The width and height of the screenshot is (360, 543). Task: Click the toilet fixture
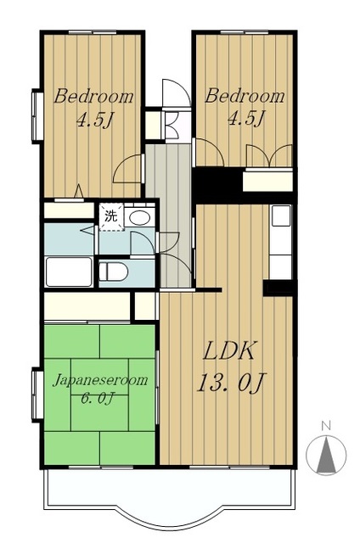(113, 271)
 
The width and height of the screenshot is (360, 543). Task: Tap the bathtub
(69, 271)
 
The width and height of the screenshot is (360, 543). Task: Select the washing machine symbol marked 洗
(111, 217)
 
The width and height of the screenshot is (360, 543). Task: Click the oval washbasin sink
(139, 218)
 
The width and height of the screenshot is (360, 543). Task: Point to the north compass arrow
(326, 454)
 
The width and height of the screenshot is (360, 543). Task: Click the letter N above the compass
(324, 425)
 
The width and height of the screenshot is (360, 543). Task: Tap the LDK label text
(230, 350)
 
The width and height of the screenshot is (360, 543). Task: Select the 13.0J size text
(231, 383)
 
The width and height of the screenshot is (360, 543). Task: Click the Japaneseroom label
(100, 380)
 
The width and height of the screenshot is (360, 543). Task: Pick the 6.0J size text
(98, 398)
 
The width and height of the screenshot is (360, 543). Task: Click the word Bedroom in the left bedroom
(93, 97)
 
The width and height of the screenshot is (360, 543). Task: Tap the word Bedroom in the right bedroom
(245, 96)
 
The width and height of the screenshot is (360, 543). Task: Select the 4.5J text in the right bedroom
(246, 119)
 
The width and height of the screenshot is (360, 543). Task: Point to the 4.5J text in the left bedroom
(95, 119)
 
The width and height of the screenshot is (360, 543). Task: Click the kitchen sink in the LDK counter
(281, 216)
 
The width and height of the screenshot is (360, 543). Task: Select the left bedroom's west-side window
(37, 116)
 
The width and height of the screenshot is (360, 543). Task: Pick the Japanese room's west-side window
(37, 395)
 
